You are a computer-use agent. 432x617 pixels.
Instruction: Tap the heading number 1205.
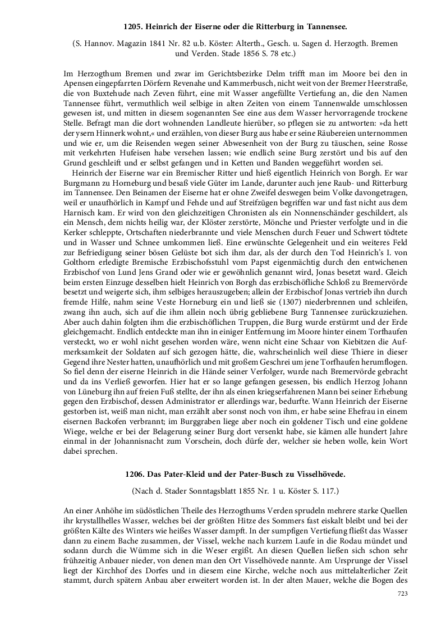(x=133, y=26)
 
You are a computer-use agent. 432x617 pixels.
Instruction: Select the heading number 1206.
(x=136, y=474)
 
